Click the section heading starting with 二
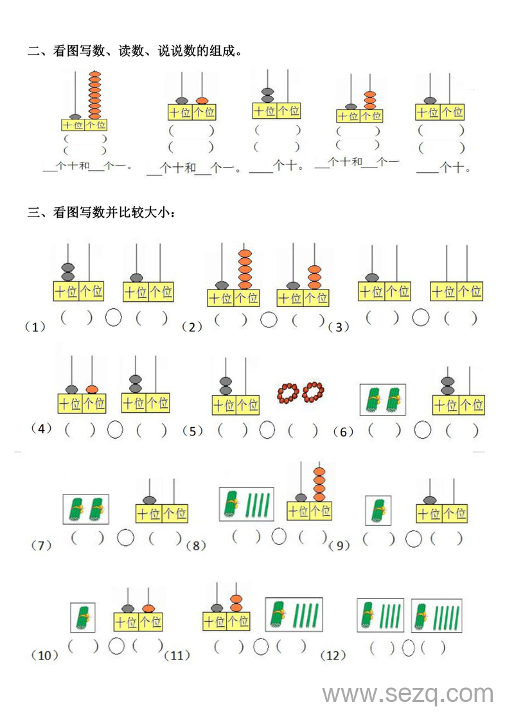135,51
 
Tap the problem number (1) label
33,328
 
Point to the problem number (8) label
195,546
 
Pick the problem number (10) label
44,655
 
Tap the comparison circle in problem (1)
113,317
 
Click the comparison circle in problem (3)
421,317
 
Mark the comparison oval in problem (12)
408,649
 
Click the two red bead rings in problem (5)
301,391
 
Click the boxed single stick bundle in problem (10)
83,617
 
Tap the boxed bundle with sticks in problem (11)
294,614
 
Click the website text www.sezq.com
408,694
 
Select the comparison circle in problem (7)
126,537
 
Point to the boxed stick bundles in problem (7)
86,509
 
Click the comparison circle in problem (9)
414,539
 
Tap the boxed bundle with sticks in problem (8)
247,504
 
